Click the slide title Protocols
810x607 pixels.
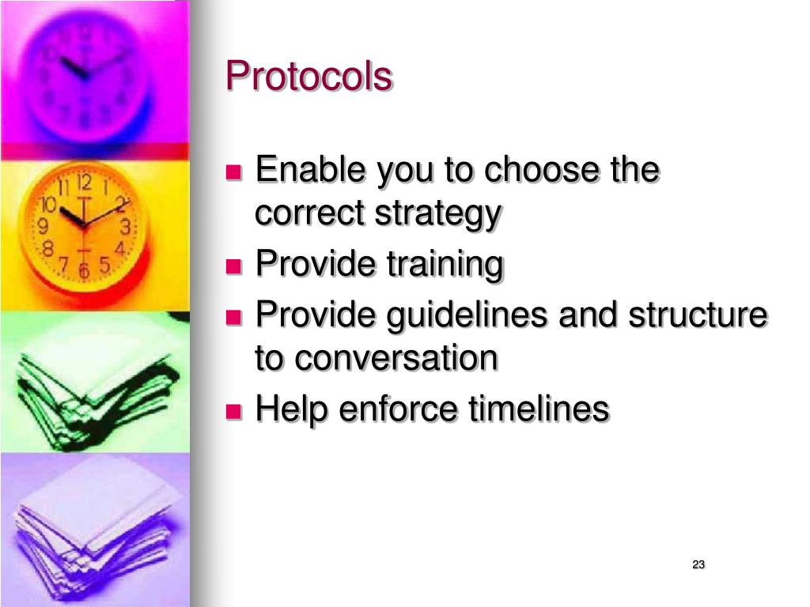click(308, 77)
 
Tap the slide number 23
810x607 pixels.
click(698, 564)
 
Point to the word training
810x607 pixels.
click(445, 265)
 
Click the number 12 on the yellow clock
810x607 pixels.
click(85, 183)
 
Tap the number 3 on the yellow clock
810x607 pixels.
click(125, 228)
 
